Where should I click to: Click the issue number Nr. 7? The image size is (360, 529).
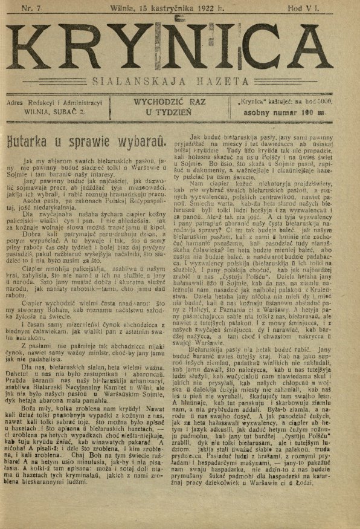click(x=32, y=8)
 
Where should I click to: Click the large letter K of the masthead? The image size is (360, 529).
click(x=40, y=47)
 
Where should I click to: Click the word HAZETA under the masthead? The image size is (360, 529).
click(x=221, y=80)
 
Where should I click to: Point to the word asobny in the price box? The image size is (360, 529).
click(x=260, y=112)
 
